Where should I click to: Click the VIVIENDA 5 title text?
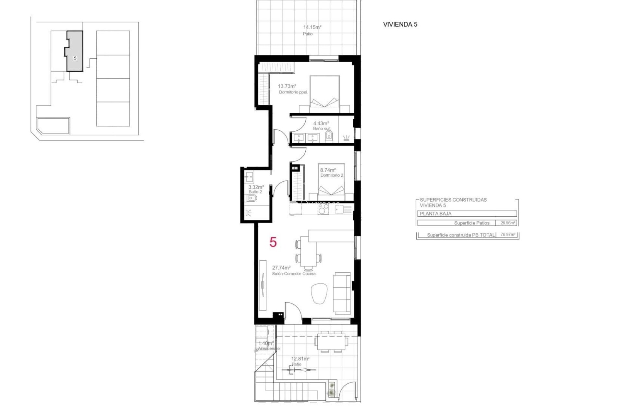click(400, 24)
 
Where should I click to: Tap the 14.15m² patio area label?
click(312, 28)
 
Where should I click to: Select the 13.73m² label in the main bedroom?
click(287, 86)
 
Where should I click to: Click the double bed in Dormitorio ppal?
click(324, 92)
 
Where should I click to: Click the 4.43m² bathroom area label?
click(321, 124)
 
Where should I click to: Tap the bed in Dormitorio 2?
click(331, 183)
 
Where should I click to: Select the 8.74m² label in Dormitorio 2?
click(328, 170)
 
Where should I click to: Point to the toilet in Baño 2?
click(252, 198)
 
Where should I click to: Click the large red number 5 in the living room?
click(273, 242)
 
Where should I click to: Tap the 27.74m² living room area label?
click(281, 268)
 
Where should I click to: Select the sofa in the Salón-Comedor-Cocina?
click(343, 293)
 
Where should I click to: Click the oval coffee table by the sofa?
click(319, 293)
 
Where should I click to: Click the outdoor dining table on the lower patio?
click(331, 341)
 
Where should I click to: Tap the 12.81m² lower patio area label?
click(300, 359)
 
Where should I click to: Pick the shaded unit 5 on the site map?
click(75, 52)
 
